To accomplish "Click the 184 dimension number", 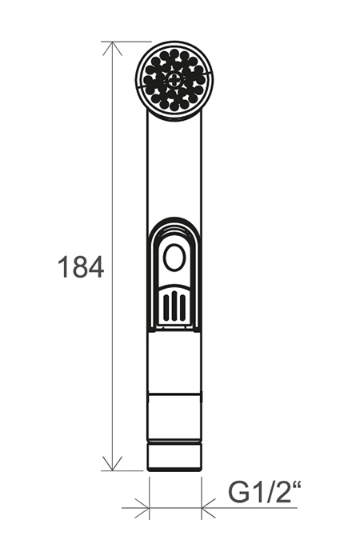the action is click(x=81, y=267).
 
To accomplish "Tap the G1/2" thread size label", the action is click(x=265, y=494).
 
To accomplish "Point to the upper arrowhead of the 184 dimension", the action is click(x=113, y=48).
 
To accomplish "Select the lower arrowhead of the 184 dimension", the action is click(x=113, y=463).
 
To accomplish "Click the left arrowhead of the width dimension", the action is click(x=142, y=507).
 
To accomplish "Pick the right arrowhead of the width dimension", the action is click(x=209, y=507).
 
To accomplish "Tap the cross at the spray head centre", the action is click(x=174, y=80).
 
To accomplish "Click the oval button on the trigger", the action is click(x=174, y=258).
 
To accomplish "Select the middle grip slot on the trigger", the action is click(x=174, y=306).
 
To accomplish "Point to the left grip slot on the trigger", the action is click(x=166, y=307).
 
